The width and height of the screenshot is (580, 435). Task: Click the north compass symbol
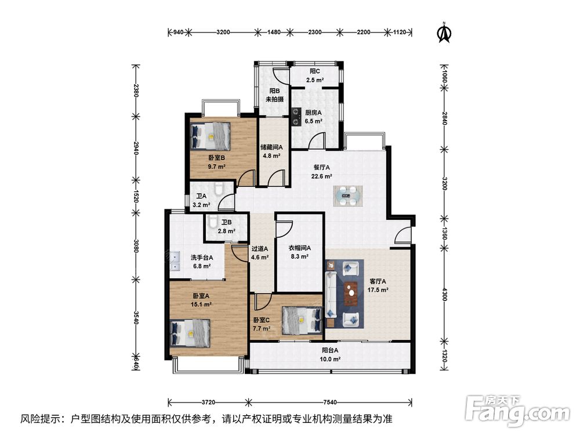coord(444,33)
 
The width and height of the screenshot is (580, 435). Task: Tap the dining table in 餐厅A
coord(348,195)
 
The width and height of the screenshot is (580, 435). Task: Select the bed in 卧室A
coord(190,333)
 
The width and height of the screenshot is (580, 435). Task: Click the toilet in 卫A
coord(219,188)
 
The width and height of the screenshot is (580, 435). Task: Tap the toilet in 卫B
coord(213,222)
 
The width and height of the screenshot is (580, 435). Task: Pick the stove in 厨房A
coord(296,116)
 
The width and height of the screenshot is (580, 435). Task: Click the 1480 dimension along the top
coord(274,32)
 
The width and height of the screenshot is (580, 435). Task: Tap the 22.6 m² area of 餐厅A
coord(321,176)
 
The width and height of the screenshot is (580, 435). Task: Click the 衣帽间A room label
coord(300,248)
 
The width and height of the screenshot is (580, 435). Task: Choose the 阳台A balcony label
coord(331,350)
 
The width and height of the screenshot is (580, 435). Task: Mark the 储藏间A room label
coord(271,147)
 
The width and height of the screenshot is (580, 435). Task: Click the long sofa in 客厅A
coord(331,295)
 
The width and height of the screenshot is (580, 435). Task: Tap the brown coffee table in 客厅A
coord(351,293)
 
